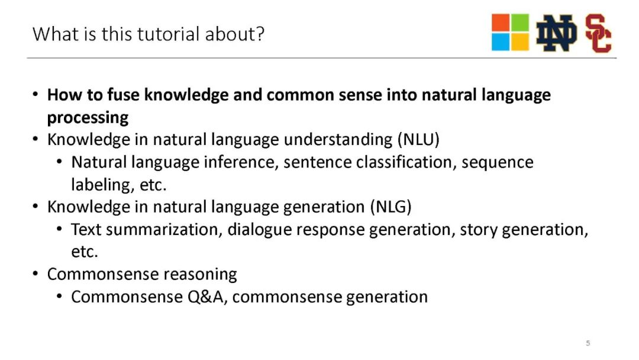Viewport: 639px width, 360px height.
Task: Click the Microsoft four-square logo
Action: coord(510,32)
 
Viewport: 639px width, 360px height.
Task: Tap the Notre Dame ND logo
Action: coord(556,33)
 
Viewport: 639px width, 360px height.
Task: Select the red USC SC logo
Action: coord(598,33)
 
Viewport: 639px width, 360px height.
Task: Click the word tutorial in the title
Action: coord(169,34)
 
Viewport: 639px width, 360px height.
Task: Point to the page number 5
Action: coord(588,343)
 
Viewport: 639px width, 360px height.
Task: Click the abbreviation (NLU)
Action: coord(419,139)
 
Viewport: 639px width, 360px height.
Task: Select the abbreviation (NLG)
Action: coord(391,207)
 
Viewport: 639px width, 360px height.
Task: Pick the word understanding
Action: coord(338,139)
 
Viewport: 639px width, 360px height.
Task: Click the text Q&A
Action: coord(206,297)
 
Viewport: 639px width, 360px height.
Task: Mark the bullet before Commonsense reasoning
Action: coord(35,274)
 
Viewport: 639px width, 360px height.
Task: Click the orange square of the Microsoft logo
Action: coord(501,23)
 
